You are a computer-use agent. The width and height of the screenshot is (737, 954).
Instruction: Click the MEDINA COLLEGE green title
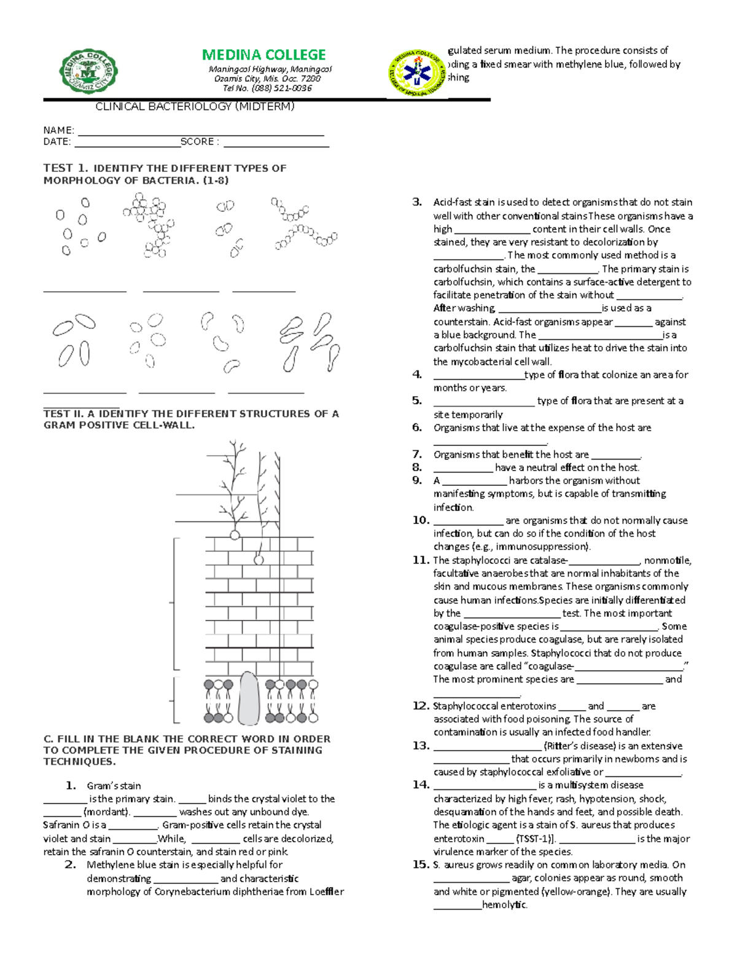pyautogui.click(x=263, y=55)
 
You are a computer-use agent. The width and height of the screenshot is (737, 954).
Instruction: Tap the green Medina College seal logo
pyautogui.click(x=88, y=71)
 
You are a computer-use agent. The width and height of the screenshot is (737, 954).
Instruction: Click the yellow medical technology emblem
pyautogui.click(x=417, y=74)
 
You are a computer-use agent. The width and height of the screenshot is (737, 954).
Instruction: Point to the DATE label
pyautogui.click(x=57, y=142)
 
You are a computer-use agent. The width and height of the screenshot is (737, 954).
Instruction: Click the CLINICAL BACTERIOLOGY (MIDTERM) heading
pyautogui.click(x=195, y=107)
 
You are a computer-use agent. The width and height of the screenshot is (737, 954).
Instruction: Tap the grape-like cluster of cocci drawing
pyautogui.click(x=149, y=224)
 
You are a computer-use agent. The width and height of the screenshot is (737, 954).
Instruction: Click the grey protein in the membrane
pyautogui.click(x=248, y=698)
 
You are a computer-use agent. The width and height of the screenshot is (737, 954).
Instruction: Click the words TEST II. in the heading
pyautogui.click(x=63, y=414)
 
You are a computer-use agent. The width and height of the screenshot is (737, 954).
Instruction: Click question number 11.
pyautogui.click(x=421, y=560)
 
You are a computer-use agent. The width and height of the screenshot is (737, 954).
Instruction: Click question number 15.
pyautogui.click(x=421, y=865)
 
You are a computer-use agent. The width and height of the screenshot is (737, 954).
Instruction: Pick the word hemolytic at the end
pyautogui.click(x=504, y=905)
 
